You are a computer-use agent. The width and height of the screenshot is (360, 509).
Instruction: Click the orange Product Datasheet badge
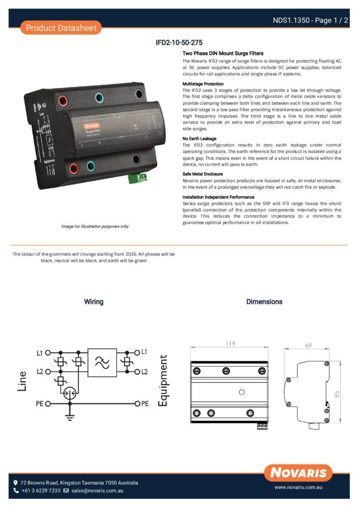[61, 28]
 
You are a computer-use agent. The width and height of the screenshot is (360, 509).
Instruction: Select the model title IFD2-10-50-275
[180, 43]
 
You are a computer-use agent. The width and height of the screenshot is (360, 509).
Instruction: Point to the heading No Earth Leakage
[199, 139]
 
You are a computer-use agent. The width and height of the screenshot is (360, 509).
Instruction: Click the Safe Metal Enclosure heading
[202, 174]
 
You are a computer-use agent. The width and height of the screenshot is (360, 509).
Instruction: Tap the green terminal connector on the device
[138, 177]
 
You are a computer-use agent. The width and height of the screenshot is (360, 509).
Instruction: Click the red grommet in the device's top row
[64, 101]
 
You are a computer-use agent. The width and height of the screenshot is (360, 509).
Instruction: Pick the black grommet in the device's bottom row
[136, 160]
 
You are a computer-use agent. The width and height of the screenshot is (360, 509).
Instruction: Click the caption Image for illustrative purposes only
[94, 226]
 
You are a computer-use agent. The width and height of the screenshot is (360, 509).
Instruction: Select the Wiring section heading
[93, 302]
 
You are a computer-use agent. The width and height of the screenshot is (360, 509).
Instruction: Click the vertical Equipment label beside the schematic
[163, 380]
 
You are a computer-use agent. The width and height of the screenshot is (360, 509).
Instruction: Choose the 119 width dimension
[229, 343]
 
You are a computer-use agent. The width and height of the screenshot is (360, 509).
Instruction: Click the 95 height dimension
[337, 394]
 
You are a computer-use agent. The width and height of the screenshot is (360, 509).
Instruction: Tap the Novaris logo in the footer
[298, 473]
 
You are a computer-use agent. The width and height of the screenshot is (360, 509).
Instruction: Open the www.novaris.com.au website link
[299, 488]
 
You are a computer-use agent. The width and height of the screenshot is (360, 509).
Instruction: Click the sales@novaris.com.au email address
[97, 491]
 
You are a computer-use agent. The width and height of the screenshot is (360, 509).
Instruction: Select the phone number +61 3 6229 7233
[41, 491]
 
